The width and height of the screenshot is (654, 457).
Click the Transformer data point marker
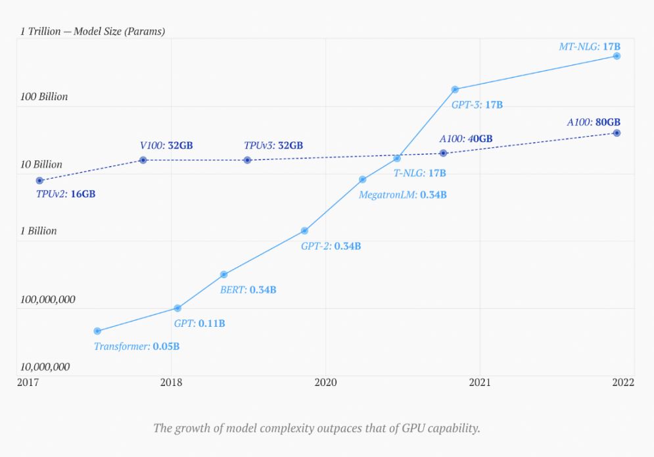(x=97, y=331)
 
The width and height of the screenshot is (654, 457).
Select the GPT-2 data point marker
(x=304, y=231)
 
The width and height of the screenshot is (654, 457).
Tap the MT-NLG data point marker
(x=617, y=56)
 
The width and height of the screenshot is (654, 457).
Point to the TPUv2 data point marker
(x=39, y=180)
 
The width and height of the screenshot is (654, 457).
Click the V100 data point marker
(x=143, y=160)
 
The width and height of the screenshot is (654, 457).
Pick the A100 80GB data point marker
(x=617, y=133)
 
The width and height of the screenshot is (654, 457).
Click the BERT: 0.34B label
(x=248, y=289)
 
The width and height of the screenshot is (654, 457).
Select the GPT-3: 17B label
(x=477, y=105)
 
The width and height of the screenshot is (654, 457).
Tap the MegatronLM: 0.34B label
(x=402, y=195)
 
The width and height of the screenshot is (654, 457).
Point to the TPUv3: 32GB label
(x=273, y=145)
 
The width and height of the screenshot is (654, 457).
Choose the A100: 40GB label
(x=465, y=139)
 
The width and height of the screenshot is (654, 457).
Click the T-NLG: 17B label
(x=419, y=173)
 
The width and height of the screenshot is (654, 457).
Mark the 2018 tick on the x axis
(x=171, y=383)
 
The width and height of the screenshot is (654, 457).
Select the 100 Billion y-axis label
(x=44, y=97)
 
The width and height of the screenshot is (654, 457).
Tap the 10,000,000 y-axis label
(x=45, y=367)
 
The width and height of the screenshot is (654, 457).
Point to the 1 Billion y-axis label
(x=38, y=231)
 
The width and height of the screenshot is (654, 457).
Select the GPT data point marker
(x=177, y=308)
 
